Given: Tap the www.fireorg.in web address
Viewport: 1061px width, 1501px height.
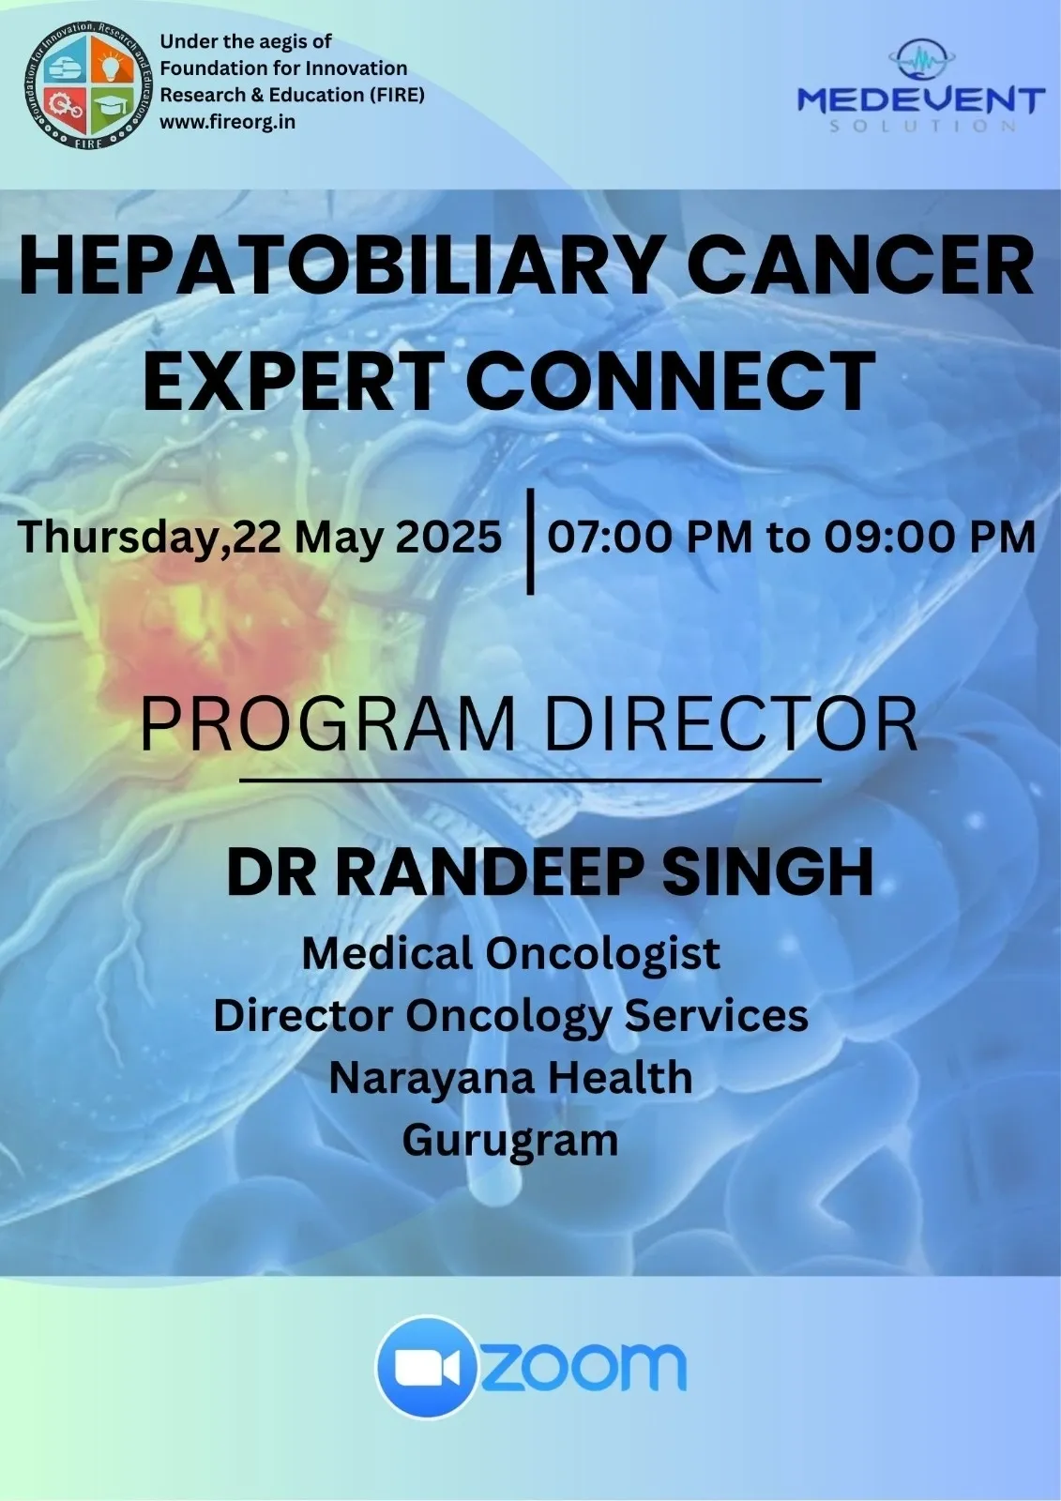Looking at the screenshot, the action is (x=227, y=122).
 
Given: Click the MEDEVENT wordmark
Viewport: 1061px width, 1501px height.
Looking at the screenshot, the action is (x=921, y=99).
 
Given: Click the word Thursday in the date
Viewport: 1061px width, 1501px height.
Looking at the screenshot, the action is (x=119, y=537).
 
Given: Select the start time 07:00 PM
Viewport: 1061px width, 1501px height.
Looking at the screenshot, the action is (x=650, y=536).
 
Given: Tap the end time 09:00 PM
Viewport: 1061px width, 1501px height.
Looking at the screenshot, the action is (x=930, y=536).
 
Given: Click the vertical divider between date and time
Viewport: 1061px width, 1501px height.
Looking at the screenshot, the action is (x=531, y=541).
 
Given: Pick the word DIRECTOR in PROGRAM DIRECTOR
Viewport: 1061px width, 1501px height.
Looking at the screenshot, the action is (x=731, y=724).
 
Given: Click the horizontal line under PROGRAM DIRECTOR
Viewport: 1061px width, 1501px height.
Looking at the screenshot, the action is (x=530, y=780).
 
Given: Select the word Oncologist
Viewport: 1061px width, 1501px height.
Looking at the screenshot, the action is (x=602, y=953).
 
